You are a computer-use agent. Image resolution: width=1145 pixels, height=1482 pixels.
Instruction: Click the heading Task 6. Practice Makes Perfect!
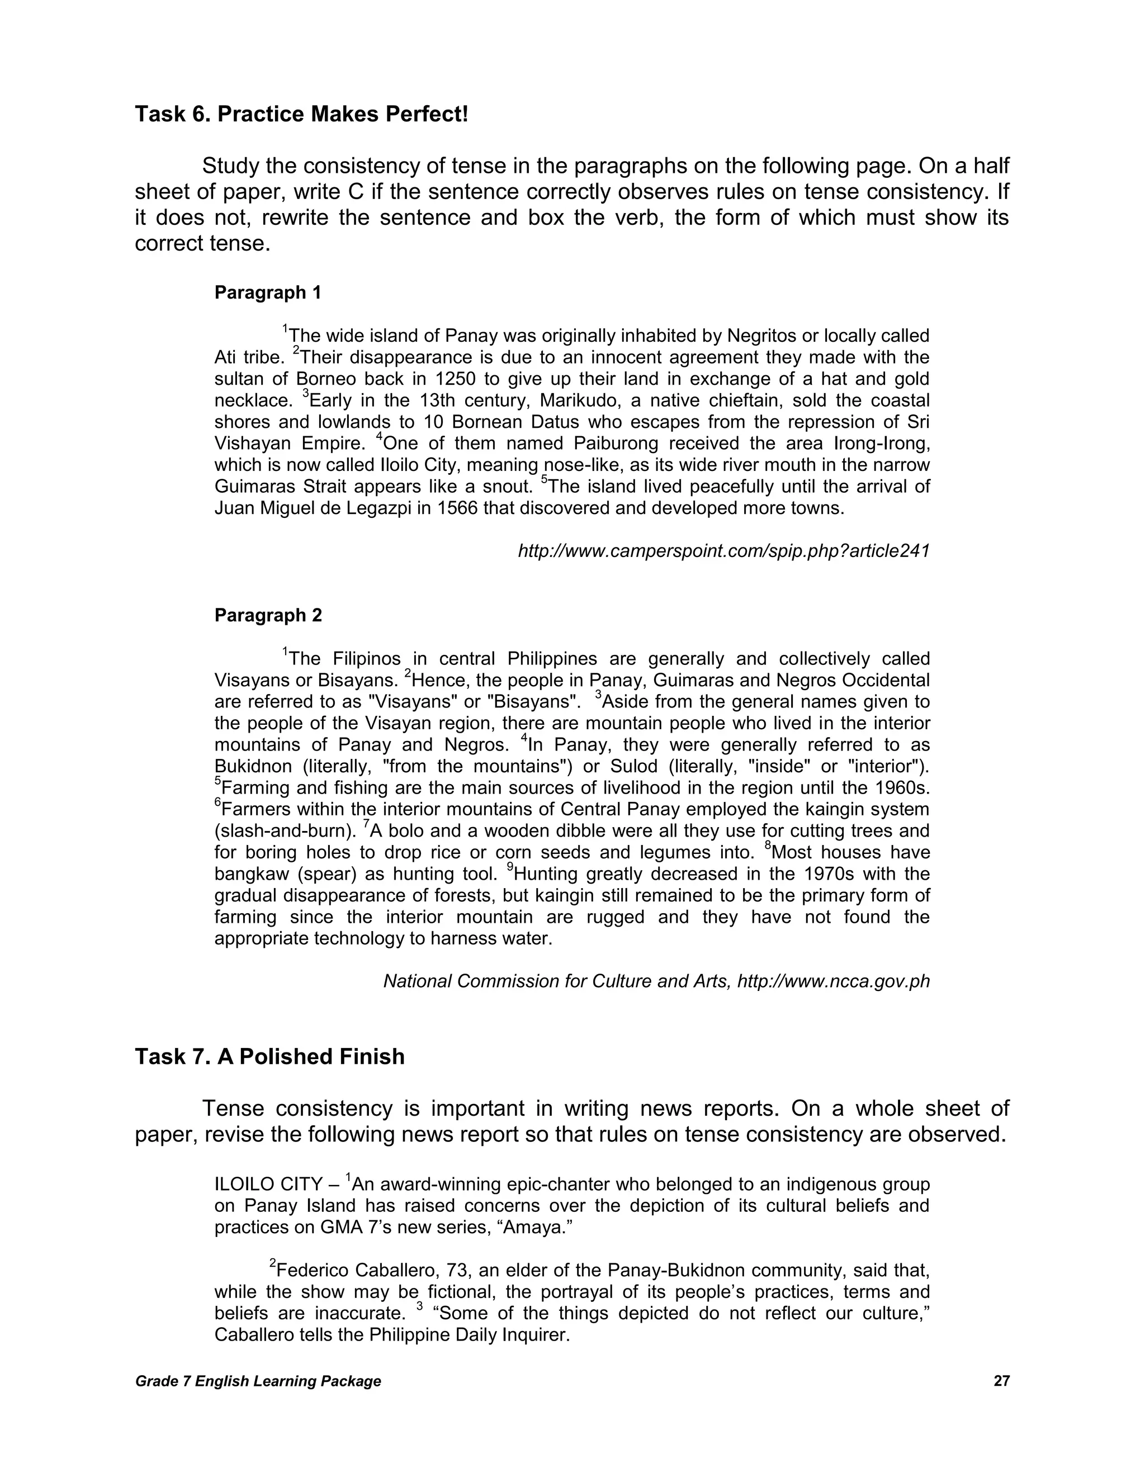pyautogui.click(x=301, y=114)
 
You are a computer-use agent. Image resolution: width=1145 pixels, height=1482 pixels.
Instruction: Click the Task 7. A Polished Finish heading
pyautogui.click(x=269, y=1056)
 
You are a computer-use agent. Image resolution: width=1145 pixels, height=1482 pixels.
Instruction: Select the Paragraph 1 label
pyautogui.click(x=267, y=292)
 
